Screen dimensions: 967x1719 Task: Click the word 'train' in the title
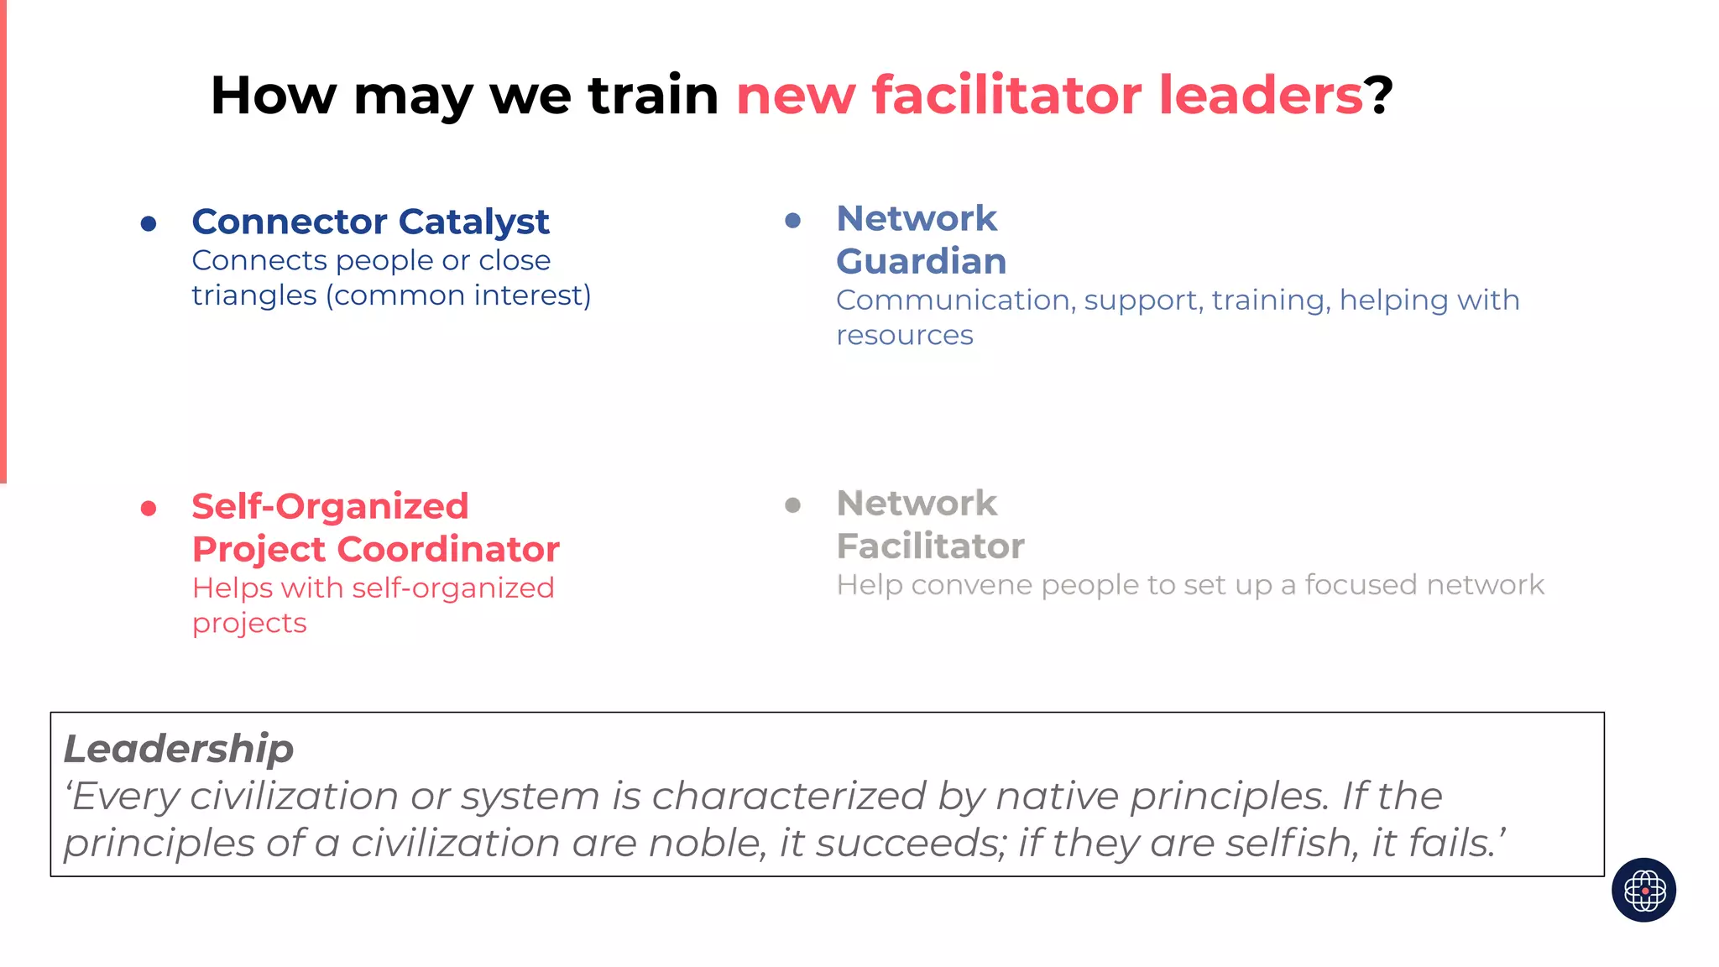point(653,95)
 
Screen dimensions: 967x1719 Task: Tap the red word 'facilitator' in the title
point(1006,95)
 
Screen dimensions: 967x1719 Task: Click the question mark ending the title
point(1378,95)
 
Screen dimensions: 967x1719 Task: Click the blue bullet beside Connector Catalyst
point(149,223)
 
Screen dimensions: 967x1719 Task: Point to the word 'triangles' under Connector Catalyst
point(253,295)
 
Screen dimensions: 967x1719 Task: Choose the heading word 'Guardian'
point(921,261)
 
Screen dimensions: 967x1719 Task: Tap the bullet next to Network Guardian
point(792,221)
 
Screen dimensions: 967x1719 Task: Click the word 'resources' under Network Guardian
point(904,335)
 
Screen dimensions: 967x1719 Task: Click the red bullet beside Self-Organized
point(149,508)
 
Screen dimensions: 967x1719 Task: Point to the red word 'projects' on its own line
point(249,624)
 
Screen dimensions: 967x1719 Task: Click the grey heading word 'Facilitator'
point(930,546)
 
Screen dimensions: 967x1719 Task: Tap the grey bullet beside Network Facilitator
point(792,505)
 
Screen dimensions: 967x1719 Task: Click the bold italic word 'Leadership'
point(179,749)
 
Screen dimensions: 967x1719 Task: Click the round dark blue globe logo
point(1643,890)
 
